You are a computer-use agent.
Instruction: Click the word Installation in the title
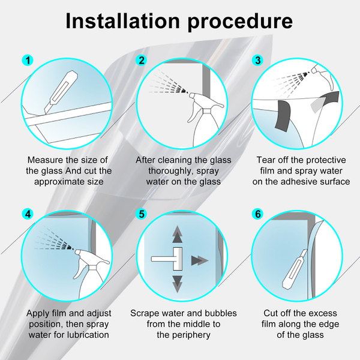coord(122,21)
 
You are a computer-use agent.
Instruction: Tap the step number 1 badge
coord(28,61)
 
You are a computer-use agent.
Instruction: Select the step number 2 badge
coord(142,61)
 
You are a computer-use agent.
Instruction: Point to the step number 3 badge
coord(258,61)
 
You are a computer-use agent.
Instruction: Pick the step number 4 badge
coord(28,214)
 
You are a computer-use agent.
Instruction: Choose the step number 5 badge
coord(142,214)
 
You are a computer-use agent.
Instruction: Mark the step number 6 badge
coord(258,214)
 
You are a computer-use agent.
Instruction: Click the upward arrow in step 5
coord(177,235)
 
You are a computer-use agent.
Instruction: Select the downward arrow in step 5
coord(177,284)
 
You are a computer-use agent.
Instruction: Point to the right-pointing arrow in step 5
coord(200,260)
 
